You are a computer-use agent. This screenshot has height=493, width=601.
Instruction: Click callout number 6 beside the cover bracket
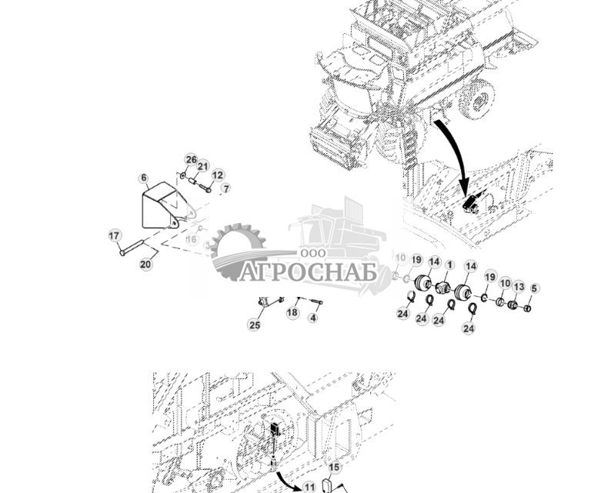(144, 178)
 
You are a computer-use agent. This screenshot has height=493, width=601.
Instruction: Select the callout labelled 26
(191, 160)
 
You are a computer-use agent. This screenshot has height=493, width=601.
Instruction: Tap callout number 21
(203, 166)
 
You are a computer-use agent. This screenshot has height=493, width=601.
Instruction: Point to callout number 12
(218, 175)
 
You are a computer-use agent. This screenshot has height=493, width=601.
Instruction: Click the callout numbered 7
(225, 188)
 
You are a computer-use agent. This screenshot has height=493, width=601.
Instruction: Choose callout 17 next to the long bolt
(115, 235)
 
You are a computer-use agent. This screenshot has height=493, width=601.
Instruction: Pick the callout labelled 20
(145, 264)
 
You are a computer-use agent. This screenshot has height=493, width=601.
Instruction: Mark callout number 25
(255, 325)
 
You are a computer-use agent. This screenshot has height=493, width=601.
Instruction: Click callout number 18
(292, 313)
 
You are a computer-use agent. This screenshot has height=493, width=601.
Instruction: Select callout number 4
(312, 318)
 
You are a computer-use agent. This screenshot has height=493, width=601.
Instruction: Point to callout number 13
(519, 287)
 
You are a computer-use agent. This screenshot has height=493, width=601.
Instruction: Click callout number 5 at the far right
(535, 288)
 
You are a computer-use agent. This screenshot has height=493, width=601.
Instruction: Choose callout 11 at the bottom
(309, 486)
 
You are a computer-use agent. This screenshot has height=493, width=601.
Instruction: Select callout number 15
(334, 467)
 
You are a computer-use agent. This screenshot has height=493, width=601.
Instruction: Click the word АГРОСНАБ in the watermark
(308, 272)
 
